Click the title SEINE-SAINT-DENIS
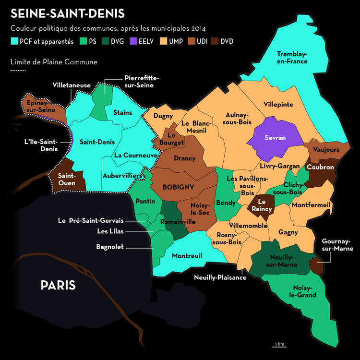(67, 13)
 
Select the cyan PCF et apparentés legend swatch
(14, 41)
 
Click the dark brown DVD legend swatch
(214, 41)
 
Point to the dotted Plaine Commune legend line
(18, 71)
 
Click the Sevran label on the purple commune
(275, 138)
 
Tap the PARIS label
(58, 286)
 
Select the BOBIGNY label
(179, 187)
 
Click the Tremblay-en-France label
(292, 58)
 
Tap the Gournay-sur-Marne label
(337, 245)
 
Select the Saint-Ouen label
(67, 180)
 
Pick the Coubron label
(320, 168)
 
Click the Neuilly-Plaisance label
(220, 277)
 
